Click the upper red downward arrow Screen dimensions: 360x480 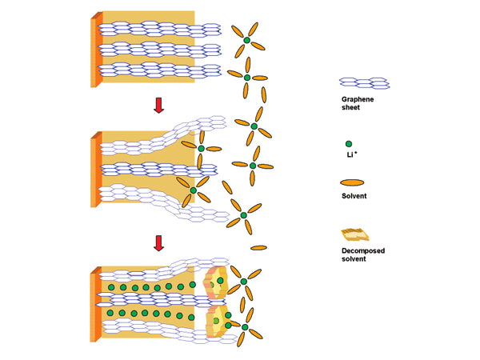coord(158,106)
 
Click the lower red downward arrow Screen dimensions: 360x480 coord(158,242)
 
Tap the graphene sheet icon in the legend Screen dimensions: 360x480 coord(365,83)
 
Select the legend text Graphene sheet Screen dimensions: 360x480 coord(356,103)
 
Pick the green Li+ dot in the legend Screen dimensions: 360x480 coord(348,144)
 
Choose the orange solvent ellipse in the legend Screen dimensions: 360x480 coord(357,182)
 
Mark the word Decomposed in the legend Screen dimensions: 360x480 coord(362,250)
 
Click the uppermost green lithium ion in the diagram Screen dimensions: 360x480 coord(246,39)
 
